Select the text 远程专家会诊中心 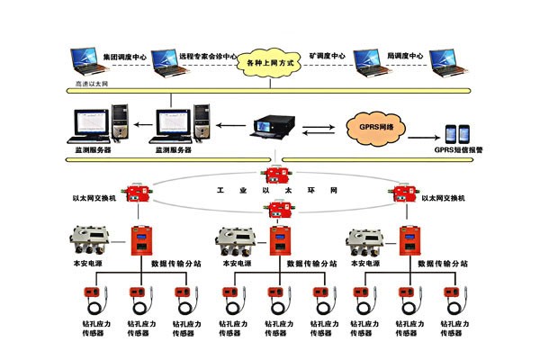coord(206,55)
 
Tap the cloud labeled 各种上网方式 coord(269,64)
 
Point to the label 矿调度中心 coord(328,55)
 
